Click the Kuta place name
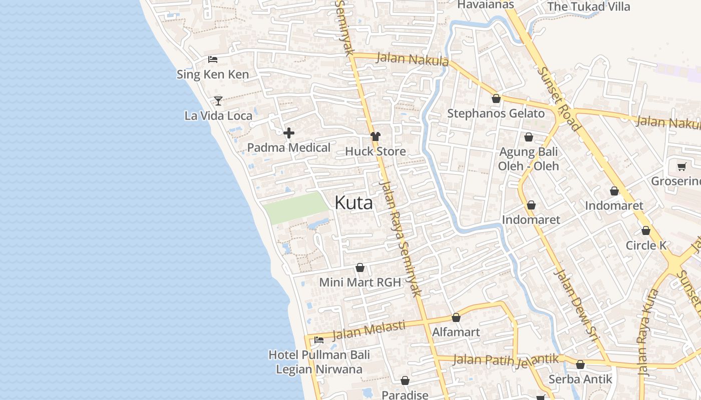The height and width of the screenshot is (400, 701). pyautogui.click(x=354, y=203)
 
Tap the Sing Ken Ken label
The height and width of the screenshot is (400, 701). pyautogui.click(x=213, y=75)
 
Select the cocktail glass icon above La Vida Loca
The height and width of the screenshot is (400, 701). pyautogui.click(x=218, y=101)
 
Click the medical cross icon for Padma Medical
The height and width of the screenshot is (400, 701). pyautogui.click(x=289, y=133)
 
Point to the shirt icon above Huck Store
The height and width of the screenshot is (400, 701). pyautogui.click(x=376, y=136)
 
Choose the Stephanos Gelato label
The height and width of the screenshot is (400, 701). pyautogui.click(x=496, y=113)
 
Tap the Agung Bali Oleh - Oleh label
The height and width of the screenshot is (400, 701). pyautogui.click(x=528, y=159)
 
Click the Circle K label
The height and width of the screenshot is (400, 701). pyautogui.click(x=646, y=245)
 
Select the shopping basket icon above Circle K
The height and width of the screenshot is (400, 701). pyautogui.click(x=646, y=231)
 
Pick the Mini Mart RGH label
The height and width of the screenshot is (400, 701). pyautogui.click(x=360, y=282)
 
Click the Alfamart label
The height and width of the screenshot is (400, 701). pyautogui.click(x=456, y=332)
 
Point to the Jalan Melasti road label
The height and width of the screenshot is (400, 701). pyautogui.click(x=369, y=330)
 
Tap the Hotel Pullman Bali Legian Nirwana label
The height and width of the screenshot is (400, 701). pyautogui.click(x=319, y=362)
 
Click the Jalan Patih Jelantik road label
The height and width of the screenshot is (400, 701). pyautogui.click(x=506, y=360)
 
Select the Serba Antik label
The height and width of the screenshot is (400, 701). pyautogui.click(x=580, y=379)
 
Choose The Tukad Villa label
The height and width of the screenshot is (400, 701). pyautogui.click(x=588, y=7)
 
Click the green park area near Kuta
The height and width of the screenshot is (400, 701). pyautogui.click(x=295, y=207)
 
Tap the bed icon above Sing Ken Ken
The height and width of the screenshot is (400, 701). pyautogui.click(x=213, y=59)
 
